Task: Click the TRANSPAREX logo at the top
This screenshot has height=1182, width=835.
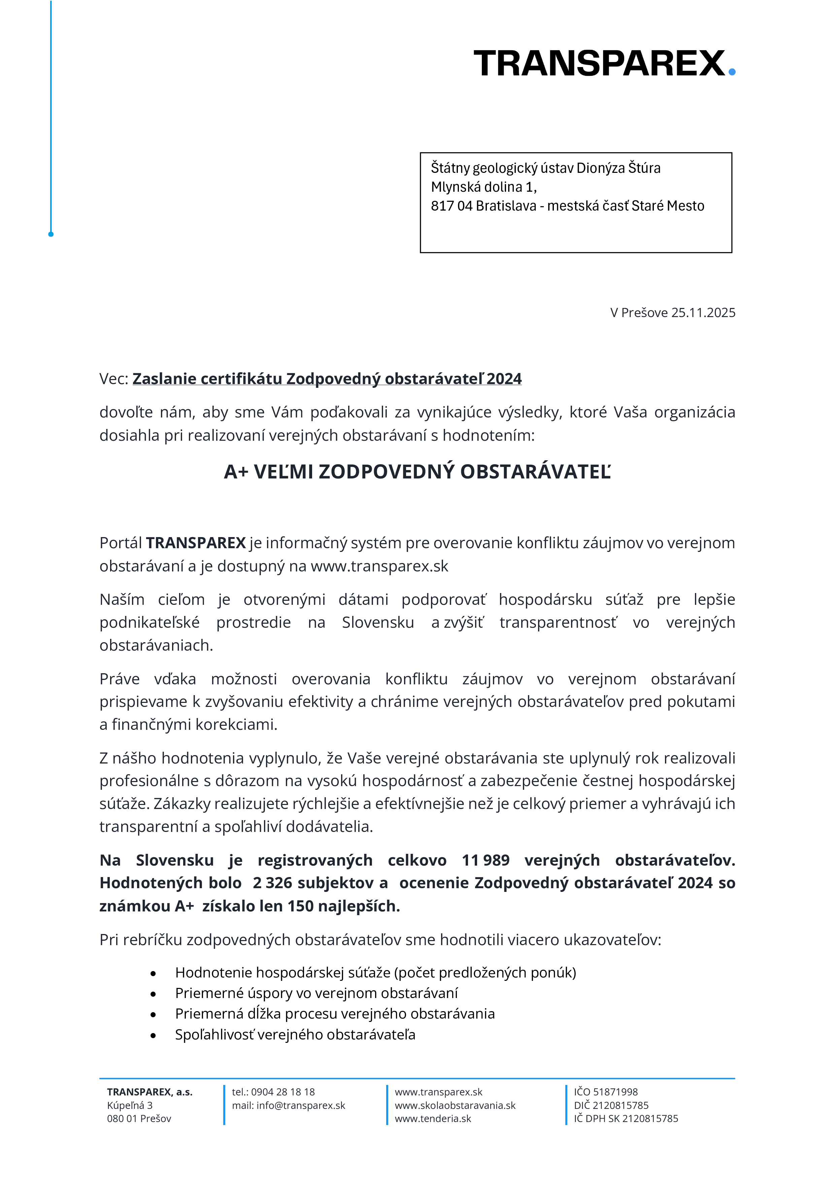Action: (x=599, y=63)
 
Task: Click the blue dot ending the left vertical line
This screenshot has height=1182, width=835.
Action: (x=51, y=234)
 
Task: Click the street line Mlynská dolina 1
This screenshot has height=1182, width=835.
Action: (x=483, y=187)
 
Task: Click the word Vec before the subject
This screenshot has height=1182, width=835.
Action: (x=112, y=379)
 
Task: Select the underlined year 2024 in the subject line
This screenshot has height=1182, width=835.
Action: (x=504, y=379)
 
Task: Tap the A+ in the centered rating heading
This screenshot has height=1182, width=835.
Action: (x=236, y=472)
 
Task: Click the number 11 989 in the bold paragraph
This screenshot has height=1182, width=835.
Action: (x=485, y=860)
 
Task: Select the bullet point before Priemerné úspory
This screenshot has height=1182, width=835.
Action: (x=153, y=994)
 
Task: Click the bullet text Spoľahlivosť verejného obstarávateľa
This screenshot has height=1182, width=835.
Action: (x=295, y=1035)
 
